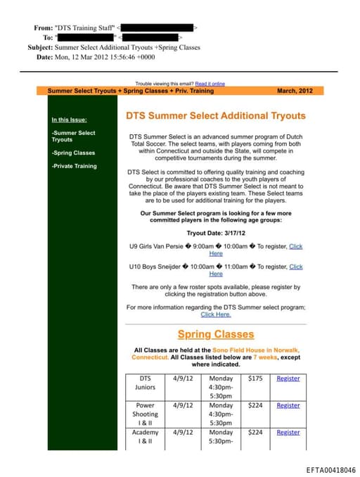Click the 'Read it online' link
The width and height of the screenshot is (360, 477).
[210, 83]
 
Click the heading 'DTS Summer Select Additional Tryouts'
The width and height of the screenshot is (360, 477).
[216, 115]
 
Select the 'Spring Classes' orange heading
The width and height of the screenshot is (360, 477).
[216, 334]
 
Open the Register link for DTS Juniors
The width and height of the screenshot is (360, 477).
[288, 379]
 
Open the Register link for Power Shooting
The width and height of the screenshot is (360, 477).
[288, 405]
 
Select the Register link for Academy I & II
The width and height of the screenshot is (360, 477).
[288, 433]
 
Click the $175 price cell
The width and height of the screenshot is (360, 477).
[255, 379]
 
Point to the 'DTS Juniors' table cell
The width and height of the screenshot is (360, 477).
[146, 383]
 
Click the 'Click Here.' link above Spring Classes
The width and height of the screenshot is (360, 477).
[216, 314]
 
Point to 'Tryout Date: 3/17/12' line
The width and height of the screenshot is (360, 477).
[216, 232]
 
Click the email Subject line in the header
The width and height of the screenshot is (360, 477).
[114, 47]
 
